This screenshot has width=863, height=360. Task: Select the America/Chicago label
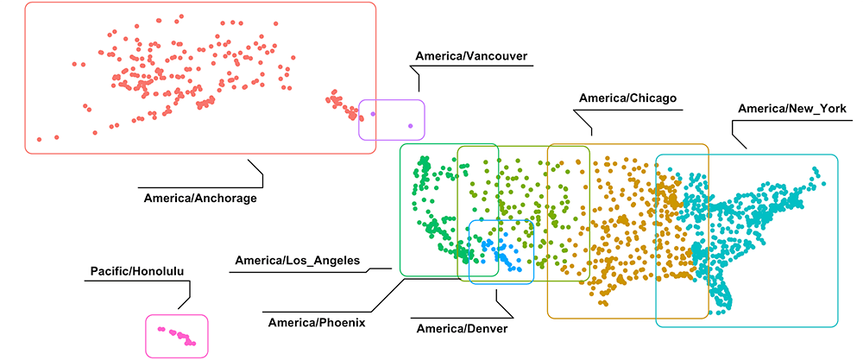point(627,98)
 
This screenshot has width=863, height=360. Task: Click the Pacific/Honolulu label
point(137,272)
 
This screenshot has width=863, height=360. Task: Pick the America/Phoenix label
point(317,322)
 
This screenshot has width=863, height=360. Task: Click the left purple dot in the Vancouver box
point(373,113)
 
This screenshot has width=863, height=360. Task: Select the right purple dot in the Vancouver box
point(411,127)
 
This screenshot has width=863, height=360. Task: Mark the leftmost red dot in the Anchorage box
point(39,139)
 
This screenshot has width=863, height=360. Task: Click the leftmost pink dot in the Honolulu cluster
point(160,329)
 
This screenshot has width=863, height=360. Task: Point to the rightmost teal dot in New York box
point(822,181)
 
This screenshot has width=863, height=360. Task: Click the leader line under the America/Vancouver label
point(419,81)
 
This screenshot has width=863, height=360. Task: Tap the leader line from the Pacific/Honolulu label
point(183,298)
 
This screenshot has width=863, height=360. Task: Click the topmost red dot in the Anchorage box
point(180,16)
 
